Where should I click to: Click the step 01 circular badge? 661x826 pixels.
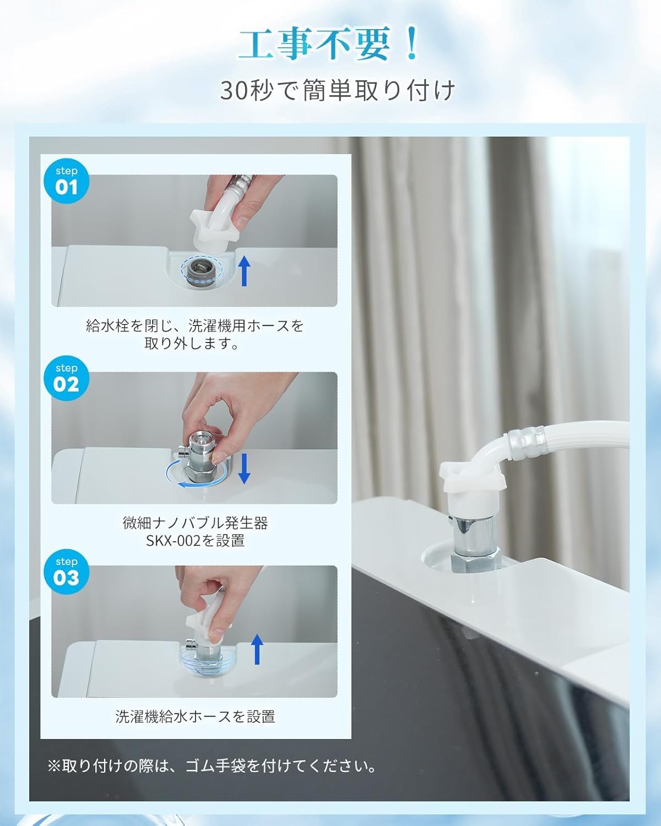point(66,181)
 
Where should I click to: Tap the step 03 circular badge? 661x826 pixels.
point(66,572)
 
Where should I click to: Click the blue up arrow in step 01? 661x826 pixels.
point(244,271)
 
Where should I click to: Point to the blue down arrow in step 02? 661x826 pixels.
point(244,469)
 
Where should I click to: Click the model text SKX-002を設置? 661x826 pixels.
point(195,541)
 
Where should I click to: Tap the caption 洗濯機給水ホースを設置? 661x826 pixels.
point(195,716)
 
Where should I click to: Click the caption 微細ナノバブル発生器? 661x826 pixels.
point(195,522)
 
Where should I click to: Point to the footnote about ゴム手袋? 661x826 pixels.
point(213,766)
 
